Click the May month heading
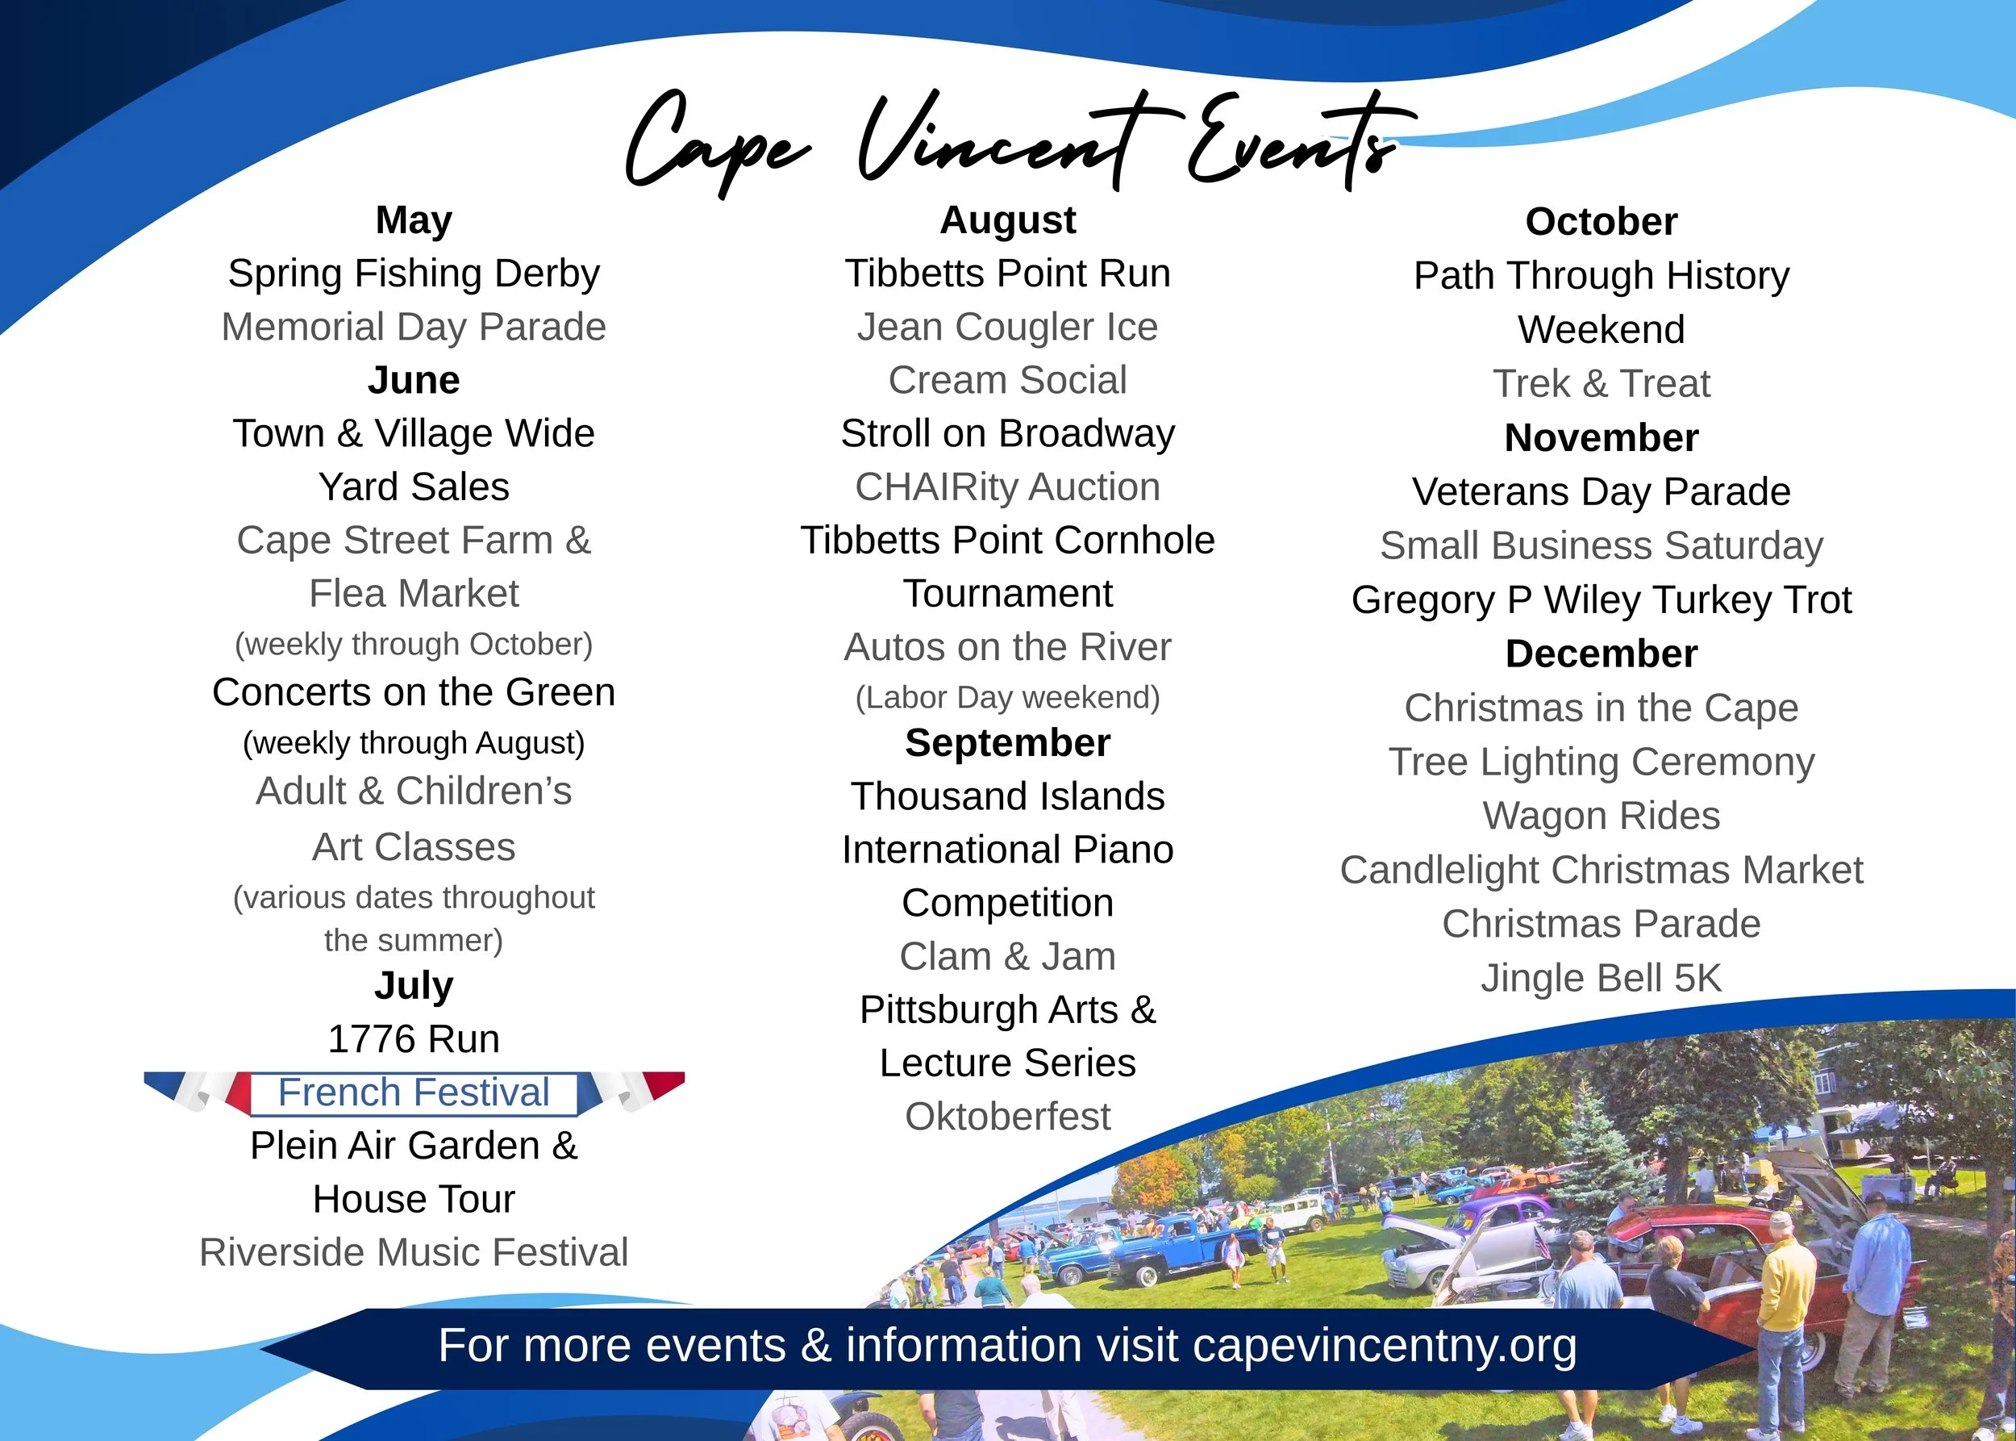414,220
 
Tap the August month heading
1007,220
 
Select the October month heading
1601,222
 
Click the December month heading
1601,654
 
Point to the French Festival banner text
414,1092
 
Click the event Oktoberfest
1007,1116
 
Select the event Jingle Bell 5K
1601,978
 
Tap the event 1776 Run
414,1039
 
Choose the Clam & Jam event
1007,957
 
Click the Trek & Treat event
1601,383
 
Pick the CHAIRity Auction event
1007,487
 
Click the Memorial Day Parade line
414,327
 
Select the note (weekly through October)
414,644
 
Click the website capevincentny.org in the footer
1385,1346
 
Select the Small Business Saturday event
1601,545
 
